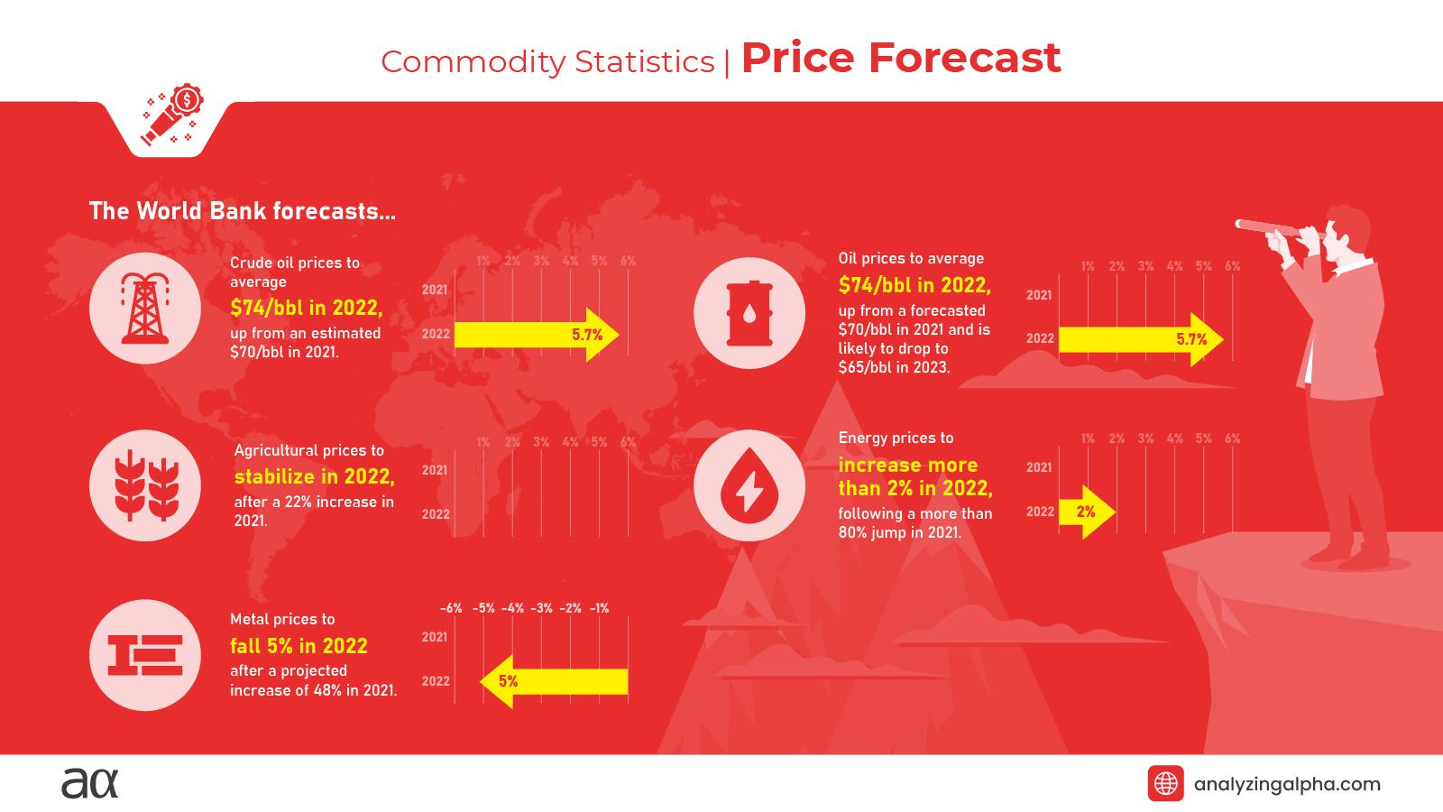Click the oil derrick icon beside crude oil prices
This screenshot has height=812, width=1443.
(145, 309)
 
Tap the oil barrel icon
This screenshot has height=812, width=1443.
(749, 313)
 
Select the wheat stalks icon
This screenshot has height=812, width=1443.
(145, 485)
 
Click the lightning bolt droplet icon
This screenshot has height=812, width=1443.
(749, 486)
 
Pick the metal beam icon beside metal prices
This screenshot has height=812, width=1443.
(145, 655)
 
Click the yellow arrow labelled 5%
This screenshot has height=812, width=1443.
(552, 681)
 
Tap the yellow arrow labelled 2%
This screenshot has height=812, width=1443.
(1087, 512)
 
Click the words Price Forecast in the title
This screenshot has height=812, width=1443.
(900, 58)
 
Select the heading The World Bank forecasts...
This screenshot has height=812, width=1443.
(242, 211)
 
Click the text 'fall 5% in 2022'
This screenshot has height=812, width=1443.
(299, 646)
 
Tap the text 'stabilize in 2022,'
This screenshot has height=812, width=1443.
(315, 476)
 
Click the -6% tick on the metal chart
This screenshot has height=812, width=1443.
(451, 608)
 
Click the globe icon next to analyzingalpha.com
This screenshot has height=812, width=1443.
(1165, 783)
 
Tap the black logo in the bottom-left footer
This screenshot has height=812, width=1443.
(89, 783)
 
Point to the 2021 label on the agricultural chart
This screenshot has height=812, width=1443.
(435, 470)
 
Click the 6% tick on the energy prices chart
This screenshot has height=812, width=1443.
(1232, 438)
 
